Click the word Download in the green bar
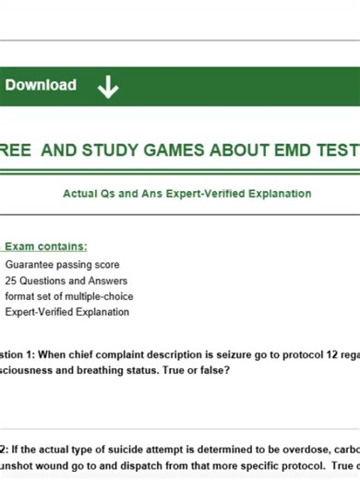(41, 85)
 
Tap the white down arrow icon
(108, 87)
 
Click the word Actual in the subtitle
(80, 194)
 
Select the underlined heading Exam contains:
(46, 246)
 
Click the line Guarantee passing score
(62, 265)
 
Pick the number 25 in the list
(11, 281)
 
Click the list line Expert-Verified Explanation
(66, 312)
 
